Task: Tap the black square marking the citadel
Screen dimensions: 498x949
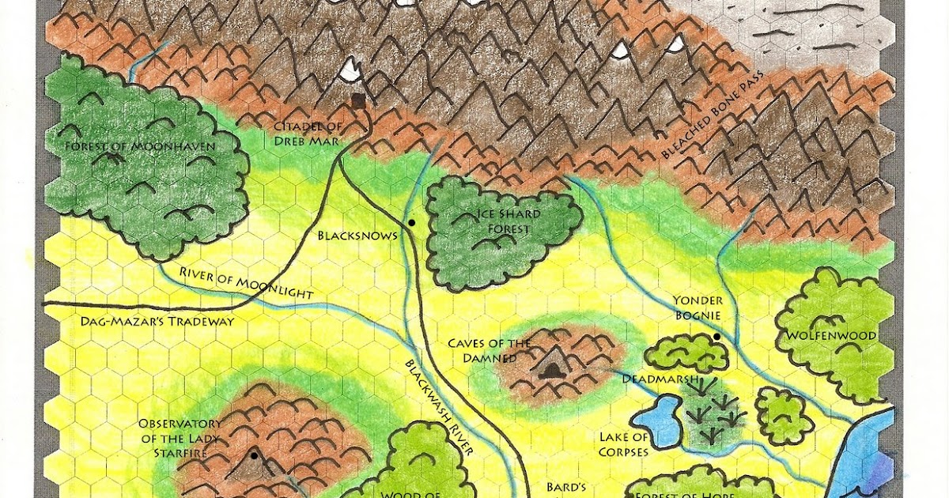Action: (358, 100)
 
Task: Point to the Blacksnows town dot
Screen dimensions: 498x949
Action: (411, 224)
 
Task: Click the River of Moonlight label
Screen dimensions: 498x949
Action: (246, 283)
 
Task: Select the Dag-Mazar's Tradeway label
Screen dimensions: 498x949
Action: (158, 321)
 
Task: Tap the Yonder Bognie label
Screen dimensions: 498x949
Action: (697, 308)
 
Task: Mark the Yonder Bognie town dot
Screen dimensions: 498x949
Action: (716, 338)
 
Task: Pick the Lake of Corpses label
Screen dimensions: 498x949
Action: (624, 444)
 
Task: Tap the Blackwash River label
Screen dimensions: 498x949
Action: (439, 408)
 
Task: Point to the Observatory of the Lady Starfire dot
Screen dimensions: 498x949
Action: (254, 455)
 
